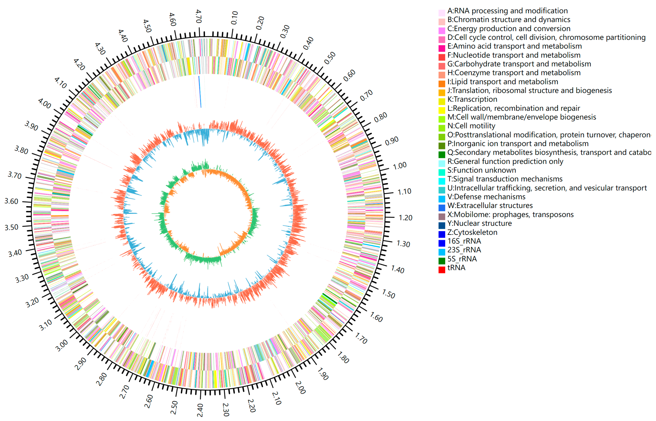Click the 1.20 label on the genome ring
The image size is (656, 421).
tap(405, 218)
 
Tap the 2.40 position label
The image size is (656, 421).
tap(200, 410)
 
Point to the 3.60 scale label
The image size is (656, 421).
tap(12, 201)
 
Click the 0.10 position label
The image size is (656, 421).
tap(235, 18)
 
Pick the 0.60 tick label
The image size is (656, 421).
tap(349, 75)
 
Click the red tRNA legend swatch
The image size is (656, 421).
tap(442, 270)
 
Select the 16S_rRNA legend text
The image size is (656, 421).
tap(464, 241)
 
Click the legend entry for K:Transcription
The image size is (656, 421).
tap(472, 99)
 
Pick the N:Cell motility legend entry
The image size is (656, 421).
tap(471, 126)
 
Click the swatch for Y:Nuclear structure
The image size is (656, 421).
tap(442, 225)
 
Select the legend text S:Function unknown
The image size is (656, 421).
tap(482, 170)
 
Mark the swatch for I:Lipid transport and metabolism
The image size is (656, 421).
tap(442, 84)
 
